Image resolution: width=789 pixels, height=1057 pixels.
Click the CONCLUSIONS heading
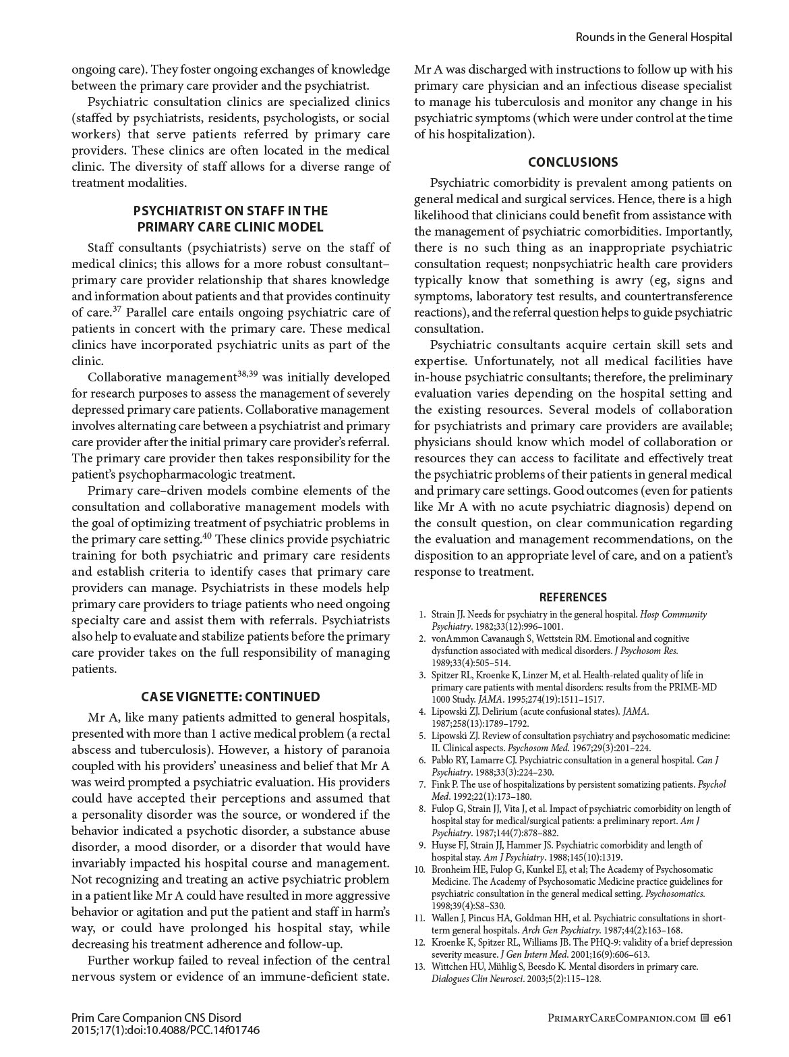(x=573, y=162)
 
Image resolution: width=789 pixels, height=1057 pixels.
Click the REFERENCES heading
(x=573, y=597)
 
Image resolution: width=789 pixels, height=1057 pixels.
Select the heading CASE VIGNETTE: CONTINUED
(x=231, y=697)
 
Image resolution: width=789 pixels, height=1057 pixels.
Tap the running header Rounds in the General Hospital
(x=653, y=37)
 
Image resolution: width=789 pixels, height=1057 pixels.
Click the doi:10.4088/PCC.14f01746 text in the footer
(x=189, y=1030)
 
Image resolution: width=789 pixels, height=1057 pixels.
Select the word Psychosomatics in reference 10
(x=674, y=894)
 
